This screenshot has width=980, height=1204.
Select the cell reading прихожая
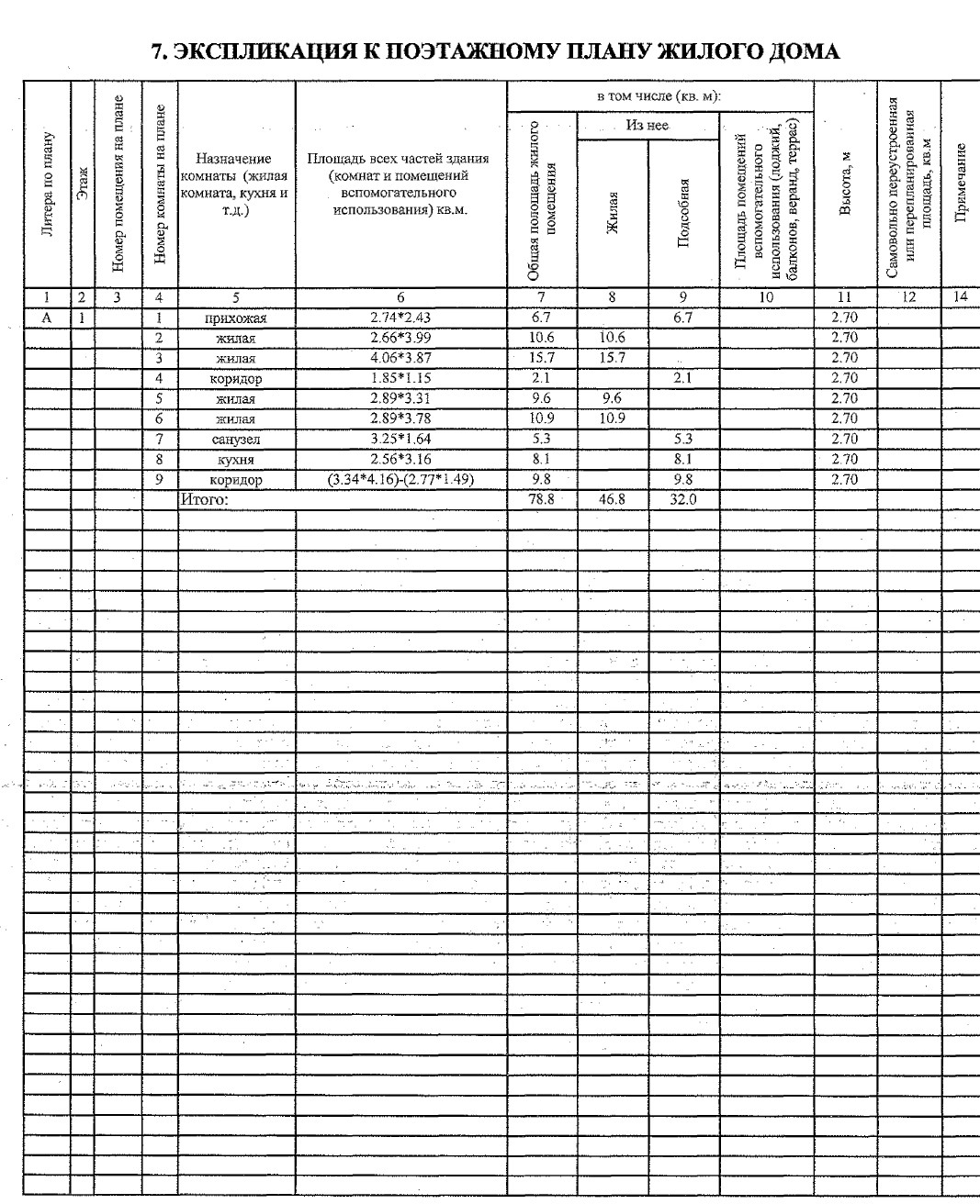click(x=235, y=318)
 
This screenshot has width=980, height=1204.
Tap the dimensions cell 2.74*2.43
click(x=400, y=318)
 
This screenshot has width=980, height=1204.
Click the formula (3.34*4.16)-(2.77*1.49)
click(x=400, y=479)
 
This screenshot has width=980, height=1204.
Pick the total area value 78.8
click(x=542, y=499)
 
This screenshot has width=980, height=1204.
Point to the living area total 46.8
click(x=612, y=499)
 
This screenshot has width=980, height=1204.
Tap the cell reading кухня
click(x=235, y=460)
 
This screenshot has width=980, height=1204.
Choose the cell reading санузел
click(x=235, y=440)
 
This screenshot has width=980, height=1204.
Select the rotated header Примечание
click(x=960, y=184)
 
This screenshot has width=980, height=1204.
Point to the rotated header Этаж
click(x=83, y=184)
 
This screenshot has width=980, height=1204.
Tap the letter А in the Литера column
click(x=46, y=318)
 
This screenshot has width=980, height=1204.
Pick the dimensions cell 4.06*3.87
click(x=400, y=358)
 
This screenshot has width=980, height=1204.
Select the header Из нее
click(x=647, y=127)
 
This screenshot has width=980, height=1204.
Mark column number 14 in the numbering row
click(x=960, y=296)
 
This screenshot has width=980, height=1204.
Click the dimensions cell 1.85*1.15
click(x=400, y=378)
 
